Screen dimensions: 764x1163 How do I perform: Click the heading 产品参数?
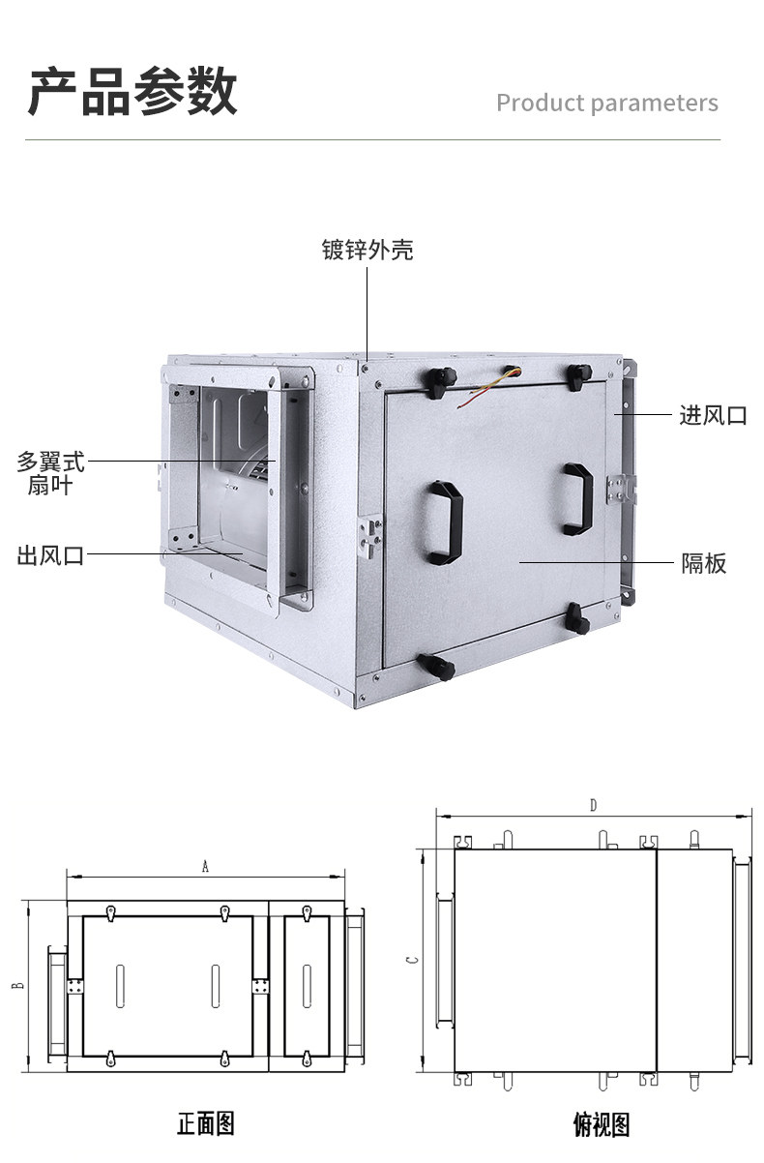pyautogui.click(x=132, y=91)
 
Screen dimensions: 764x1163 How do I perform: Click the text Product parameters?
pyautogui.click(x=607, y=104)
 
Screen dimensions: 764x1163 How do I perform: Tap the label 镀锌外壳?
pyautogui.click(x=367, y=250)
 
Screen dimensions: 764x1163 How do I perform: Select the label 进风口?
pyautogui.click(x=713, y=415)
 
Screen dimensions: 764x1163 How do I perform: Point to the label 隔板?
pyautogui.click(x=704, y=563)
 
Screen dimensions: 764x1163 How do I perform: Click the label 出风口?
pyautogui.click(x=50, y=555)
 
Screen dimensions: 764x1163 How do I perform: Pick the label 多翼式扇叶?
pyautogui.click(x=50, y=473)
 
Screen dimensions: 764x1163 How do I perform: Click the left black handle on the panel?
pyautogui.click(x=445, y=522)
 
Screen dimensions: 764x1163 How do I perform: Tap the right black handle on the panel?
pyautogui.click(x=578, y=499)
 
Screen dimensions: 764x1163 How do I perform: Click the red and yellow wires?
pyautogui.click(x=487, y=386)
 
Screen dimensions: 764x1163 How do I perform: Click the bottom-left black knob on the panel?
pyautogui.click(x=436, y=666)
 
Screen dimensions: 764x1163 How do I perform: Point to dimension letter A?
pyautogui.click(x=205, y=866)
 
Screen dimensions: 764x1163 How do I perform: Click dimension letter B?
pyautogui.click(x=18, y=985)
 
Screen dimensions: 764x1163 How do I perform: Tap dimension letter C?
pyautogui.click(x=413, y=960)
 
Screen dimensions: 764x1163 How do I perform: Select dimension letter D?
pyautogui.click(x=593, y=805)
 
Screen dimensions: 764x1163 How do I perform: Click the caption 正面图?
pyautogui.click(x=206, y=1124)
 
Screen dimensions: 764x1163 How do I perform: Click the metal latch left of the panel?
pyautogui.click(x=370, y=536)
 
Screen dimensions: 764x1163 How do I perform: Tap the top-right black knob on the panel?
pyautogui.click(x=578, y=377)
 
